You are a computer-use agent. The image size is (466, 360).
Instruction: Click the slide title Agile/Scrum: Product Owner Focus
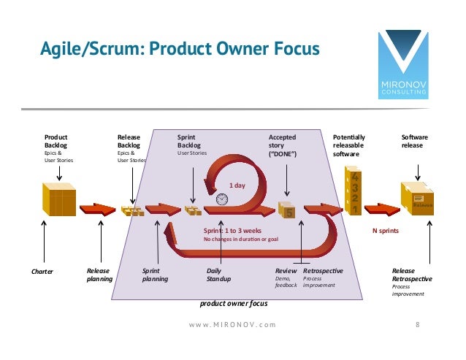pyautogui.click(x=179, y=50)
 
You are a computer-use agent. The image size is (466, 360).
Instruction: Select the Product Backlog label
pyautogui.click(x=56, y=141)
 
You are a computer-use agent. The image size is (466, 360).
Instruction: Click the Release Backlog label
pyautogui.click(x=129, y=141)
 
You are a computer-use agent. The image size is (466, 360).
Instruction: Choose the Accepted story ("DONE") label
pyautogui.click(x=283, y=145)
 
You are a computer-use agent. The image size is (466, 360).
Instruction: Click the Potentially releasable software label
pyautogui.click(x=349, y=145)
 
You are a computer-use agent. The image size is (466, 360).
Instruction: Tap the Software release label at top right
pyautogui.click(x=416, y=141)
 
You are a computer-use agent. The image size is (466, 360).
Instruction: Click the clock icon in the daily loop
pyautogui.click(x=222, y=199)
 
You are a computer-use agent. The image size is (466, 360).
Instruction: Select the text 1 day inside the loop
pyautogui.click(x=237, y=185)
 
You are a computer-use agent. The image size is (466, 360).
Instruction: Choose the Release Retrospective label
pyautogui.click(x=412, y=275)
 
